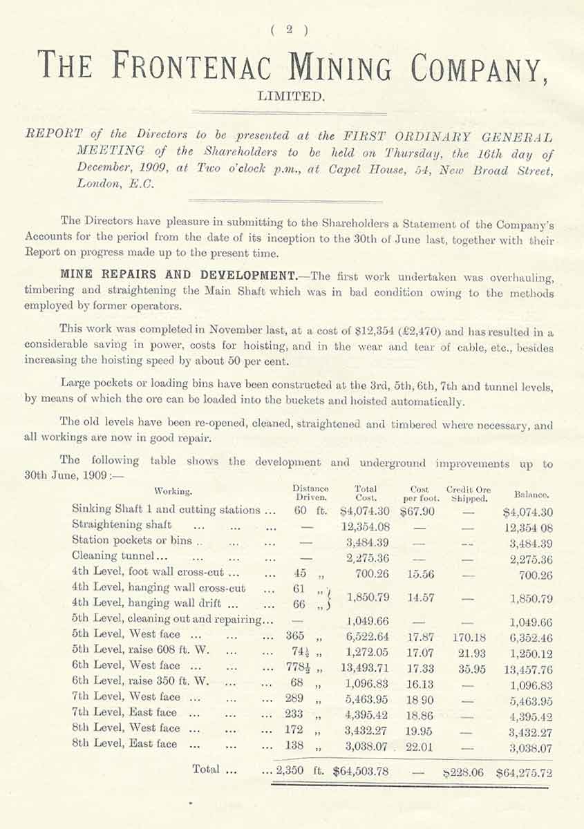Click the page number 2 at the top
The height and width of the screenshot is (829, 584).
291,29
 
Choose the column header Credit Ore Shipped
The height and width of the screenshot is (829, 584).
469,493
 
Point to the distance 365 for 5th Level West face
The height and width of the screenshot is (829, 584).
295,634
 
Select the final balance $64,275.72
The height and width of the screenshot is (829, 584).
524,771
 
